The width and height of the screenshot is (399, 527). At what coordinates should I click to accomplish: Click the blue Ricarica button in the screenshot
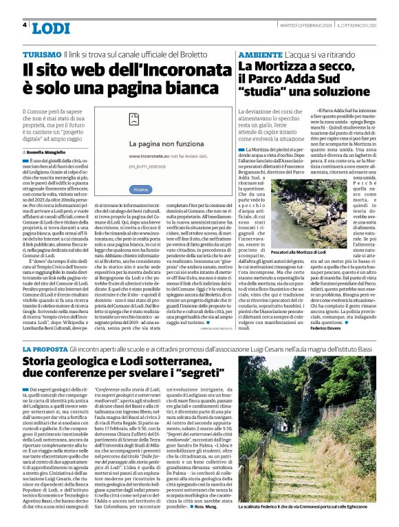[x=140, y=189]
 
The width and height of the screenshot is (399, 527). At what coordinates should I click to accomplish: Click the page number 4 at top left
[x=25, y=25]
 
